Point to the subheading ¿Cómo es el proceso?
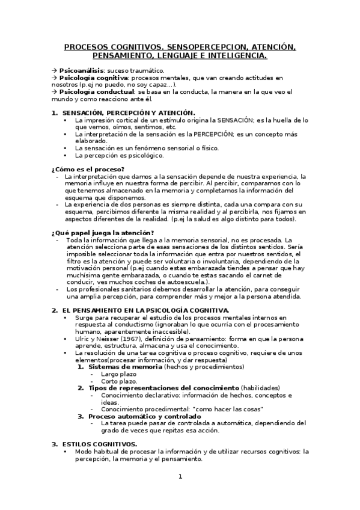click(x=88, y=169)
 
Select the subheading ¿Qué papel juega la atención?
click(x=102, y=233)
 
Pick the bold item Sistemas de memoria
click(x=120, y=366)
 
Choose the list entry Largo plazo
click(x=119, y=373)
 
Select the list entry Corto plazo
click(x=119, y=381)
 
